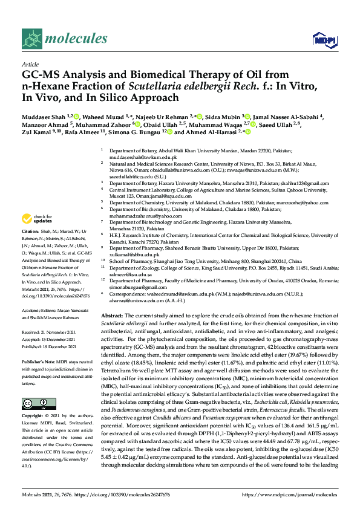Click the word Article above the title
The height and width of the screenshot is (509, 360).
tap(30, 63)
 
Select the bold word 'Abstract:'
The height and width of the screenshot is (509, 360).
tap(112, 316)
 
